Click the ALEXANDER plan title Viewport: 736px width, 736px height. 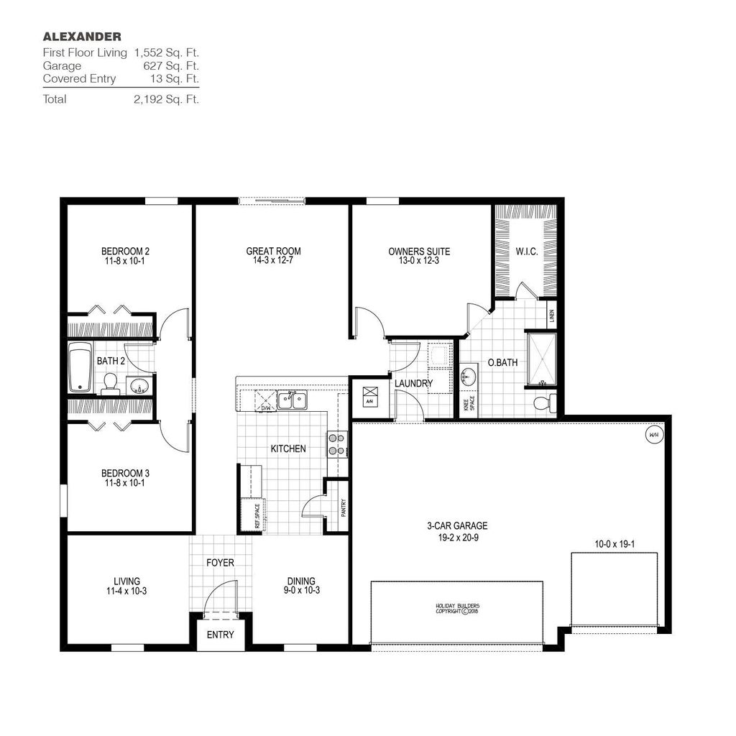(82, 36)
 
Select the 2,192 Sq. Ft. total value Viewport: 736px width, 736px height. (165, 99)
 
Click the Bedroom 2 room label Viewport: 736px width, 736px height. (125, 251)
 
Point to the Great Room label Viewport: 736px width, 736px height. (273, 251)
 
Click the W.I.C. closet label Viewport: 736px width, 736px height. (526, 252)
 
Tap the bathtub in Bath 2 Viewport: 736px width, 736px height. (80, 367)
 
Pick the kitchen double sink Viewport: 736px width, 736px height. (293, 400)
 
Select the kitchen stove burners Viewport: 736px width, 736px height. (335, 443)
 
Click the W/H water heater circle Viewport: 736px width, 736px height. (653, 435)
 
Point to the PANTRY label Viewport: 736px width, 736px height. (343, 507)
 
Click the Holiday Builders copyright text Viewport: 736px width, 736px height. (456, 609)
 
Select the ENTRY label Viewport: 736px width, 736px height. (220, 635)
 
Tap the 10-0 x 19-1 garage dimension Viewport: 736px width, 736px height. (614, 545)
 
